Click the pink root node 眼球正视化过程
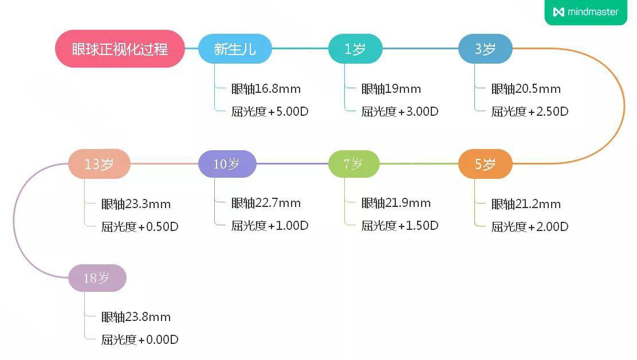(x=120, y=49)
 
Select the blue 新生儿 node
(x=235, y=49)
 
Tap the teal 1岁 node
(x=355, y=49)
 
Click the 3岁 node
(x=485, y=49)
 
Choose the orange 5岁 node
(x=485, y=165)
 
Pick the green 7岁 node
(x=353, y=164)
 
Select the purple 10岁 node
(x=227, y=164)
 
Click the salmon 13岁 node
(x=99, y=165)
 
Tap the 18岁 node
(x=97, y=279)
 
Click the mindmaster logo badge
(x=585, y=12)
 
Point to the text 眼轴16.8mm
(x=266, y=89)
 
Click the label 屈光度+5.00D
(x=270, y=112)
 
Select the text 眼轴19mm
(x=391, y=89)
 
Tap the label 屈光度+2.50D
(x=530, y=112)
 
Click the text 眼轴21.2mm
(x=526, y=204)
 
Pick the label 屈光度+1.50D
(x=400, y=226)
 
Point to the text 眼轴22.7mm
(x=266, y=203)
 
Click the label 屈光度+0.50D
(x=140, y=227)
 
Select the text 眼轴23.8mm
(x=136, y=317)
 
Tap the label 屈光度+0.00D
(x=140, y=340)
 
